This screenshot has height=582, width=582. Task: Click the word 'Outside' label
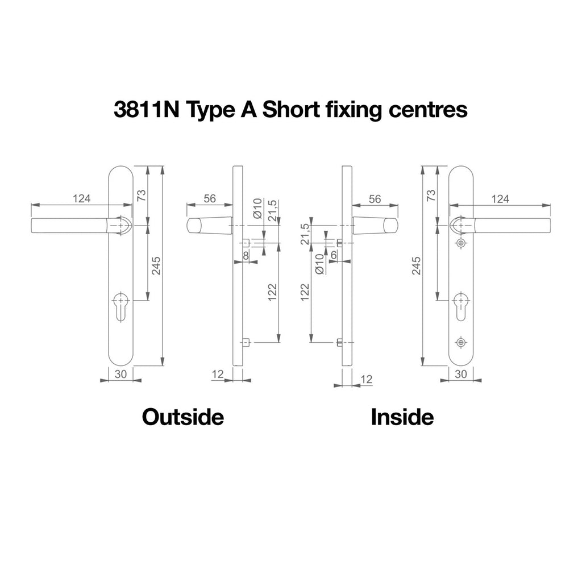point(183,417)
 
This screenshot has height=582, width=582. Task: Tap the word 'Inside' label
point(402,417)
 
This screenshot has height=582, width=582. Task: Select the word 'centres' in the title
point(428,110)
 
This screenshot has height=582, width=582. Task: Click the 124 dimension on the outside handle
point(81,198)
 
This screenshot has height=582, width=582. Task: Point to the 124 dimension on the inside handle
point(500,199)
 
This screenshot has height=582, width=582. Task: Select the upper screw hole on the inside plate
point(461,243)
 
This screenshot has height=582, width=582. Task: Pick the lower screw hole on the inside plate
point(461,342)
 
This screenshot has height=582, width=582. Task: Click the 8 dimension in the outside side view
point(246,256)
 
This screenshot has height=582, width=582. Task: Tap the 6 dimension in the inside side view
point(333,255)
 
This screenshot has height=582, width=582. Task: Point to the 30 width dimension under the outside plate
point(120,374)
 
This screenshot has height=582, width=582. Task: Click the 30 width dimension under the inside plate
point(460,374)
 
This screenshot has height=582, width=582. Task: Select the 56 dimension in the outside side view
point(210,198)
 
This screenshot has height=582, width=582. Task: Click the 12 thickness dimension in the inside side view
point(366,379)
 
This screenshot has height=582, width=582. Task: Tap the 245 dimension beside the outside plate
point(156,266)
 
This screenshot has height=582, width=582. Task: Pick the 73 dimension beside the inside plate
point(431,195)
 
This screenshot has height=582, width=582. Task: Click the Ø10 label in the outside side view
point(257,208)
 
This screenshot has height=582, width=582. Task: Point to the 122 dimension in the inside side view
point(305,292)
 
